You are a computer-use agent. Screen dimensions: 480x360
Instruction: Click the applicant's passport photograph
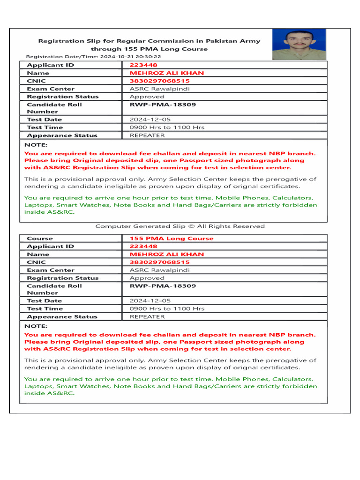coord(299,45)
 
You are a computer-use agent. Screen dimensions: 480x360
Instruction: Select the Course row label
coord(40,239)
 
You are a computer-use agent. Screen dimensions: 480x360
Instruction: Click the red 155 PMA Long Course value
coord(171,239)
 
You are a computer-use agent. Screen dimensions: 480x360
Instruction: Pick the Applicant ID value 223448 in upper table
coord(143,65)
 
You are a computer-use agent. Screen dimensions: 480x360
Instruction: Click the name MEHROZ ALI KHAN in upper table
coord(166,73)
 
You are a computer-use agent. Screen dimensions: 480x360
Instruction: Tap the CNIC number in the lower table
coord(159,262)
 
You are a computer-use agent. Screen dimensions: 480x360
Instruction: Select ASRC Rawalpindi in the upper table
coord(153,89)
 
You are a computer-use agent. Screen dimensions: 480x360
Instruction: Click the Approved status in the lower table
coord(147,278)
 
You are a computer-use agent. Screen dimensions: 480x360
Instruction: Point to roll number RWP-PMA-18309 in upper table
coord(163,105)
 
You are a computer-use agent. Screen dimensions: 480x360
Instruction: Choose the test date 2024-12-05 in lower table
coord(150,301)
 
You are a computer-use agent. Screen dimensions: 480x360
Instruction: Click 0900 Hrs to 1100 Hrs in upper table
coord(167,127)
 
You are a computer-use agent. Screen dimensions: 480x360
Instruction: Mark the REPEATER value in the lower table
coord(147,317)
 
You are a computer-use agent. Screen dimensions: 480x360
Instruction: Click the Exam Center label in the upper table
coord(51,89)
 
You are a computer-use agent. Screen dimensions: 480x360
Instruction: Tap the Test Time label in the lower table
coord(45,309)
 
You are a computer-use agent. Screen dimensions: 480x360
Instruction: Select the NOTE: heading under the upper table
coord(36,145)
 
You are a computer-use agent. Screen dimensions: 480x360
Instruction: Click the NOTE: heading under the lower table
coord(36,326)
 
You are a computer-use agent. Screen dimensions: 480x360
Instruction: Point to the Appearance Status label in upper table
coord(62,135)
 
